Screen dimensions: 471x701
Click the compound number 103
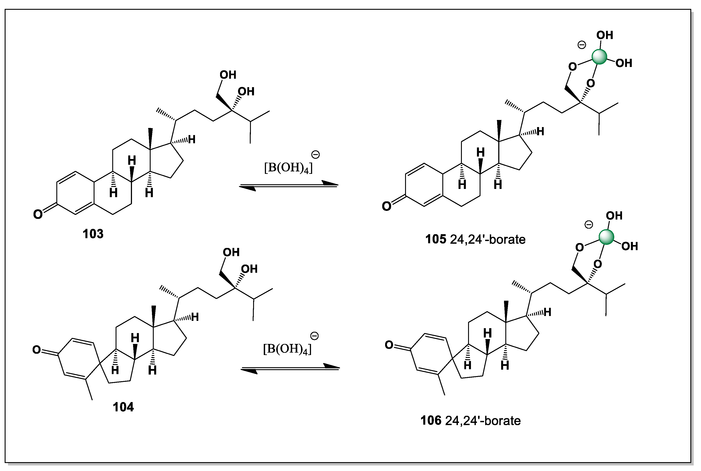[93, 234]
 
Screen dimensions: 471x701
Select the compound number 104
[123, 407]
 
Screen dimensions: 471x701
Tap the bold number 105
[435, 239]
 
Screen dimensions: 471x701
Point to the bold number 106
[431, 420]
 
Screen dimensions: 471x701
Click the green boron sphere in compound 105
[599, 57]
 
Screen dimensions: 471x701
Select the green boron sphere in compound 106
[606, 237]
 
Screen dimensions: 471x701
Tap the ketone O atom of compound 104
[37, 350]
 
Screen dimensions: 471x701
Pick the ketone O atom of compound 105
[386, 206]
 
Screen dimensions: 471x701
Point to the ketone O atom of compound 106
[389, 345]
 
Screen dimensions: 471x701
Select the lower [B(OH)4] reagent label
[287, 349]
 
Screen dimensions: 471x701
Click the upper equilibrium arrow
[288, 186]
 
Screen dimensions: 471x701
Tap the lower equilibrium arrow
[290, 368]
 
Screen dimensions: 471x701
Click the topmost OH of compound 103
[228, 75]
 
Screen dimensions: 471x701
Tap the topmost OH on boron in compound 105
[605, 35]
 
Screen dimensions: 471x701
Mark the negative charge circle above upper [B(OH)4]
[315, 155]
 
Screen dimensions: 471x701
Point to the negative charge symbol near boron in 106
[588, 224]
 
